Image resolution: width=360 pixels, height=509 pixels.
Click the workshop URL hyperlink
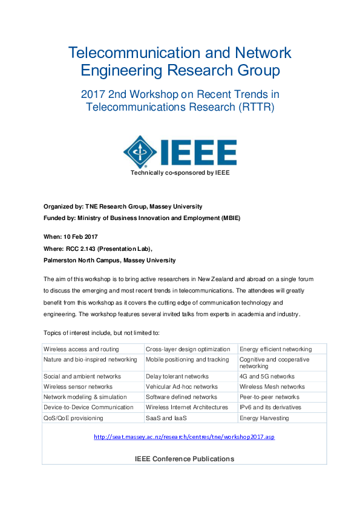pyautogui.click(x=184, y=436)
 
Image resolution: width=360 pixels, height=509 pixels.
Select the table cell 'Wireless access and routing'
pyautogui.click(x=81, y=349)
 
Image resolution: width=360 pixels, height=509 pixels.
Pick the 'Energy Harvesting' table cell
pyautogui.click(x=264, y=418)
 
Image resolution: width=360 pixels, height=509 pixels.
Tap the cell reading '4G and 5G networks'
pyautogui.click(x=267, y=376)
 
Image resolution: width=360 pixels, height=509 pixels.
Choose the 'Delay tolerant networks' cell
pyautogui.click(x=177, y=376)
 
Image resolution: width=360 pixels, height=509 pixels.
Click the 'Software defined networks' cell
pyautogui.click(x=182, y=397)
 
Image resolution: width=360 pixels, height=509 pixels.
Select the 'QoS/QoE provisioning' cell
pyautogui.click(x=73, y=418)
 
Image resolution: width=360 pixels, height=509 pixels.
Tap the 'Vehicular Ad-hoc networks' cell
pyautogui.click(x=182, y=386)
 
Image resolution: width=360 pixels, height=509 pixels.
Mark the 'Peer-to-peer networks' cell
pyautogui.click(x=269, y=397)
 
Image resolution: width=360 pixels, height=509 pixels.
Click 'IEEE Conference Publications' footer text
pyautogui.click(x=184, y=459)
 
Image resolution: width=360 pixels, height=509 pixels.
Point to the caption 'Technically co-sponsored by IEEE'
pyautogui.click(x=180, y=172)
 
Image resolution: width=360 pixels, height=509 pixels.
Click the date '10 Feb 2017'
pyautogui.click(x=83, y=236)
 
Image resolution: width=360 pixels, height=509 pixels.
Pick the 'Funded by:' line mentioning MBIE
pyautogui.click(x=142, y=218)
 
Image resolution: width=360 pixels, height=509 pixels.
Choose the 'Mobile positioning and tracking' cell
pyautogui.click(x=188, y=360)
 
